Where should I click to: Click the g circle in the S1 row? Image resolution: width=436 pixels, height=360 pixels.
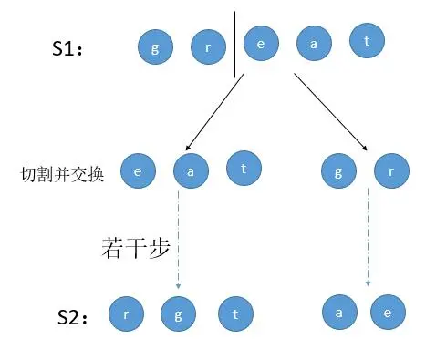click(155, 47)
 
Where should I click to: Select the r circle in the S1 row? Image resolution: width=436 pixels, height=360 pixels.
click(208, 47)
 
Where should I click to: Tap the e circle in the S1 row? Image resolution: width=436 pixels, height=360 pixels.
click(261, 44)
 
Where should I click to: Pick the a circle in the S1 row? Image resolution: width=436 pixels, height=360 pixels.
click(314, 44)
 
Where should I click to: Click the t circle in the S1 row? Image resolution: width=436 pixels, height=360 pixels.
click(367, 40)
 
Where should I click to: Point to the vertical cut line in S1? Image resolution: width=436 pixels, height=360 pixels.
click(234, 45)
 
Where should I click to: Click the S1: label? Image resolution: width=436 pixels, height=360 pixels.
click(67, 47)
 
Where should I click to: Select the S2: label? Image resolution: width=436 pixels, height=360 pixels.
click(72, 317)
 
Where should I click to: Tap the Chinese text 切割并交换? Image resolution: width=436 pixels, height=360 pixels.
click(62, 174)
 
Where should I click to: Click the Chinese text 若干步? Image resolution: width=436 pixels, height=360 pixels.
click(136, 248)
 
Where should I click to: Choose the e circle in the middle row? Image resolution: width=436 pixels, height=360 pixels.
click(138, 170)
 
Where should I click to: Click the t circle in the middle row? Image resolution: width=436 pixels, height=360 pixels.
click(244, 168)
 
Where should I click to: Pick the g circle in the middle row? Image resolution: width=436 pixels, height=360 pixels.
click(338, 170)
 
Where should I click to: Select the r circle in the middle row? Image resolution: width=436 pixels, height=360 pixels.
click(391, 170)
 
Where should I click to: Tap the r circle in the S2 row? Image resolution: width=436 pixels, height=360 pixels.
click(127, 314)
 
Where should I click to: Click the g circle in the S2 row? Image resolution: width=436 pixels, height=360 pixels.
click(178, 314)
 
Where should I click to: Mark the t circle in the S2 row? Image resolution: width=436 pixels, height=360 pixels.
click(235, 314)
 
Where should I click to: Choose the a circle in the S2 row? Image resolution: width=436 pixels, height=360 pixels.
click(339, 312)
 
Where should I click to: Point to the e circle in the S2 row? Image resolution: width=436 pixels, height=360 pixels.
click(388, 312)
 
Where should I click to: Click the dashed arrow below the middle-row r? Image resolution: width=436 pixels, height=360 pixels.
click(368, 237)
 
